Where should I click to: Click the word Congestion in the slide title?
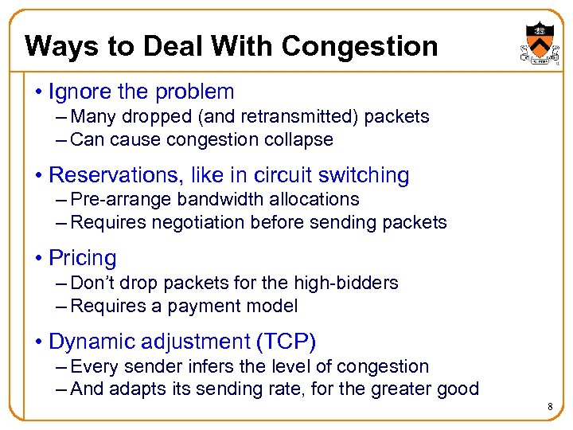coord(360,46)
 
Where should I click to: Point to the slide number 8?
coord(549,408)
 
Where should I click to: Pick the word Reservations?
coord(112,175)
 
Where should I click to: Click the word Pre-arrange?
coord(121,199)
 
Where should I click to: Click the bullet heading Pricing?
coord(83,258)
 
